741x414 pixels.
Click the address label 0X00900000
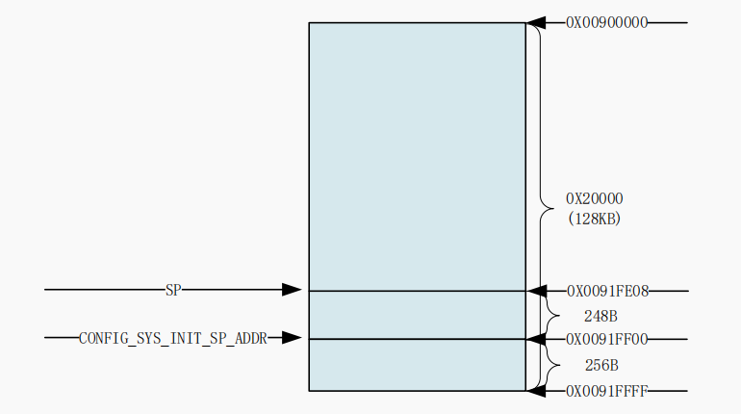606,22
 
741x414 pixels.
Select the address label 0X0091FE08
606,291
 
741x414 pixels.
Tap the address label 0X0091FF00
606,339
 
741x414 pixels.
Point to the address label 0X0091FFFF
606,391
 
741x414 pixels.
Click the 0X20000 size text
594,199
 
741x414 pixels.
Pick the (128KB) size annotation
594,219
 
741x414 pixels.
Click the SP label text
173,290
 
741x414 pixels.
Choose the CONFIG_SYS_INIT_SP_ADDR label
173,338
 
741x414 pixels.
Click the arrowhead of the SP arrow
292,290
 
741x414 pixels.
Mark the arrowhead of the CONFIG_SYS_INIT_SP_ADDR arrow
292,338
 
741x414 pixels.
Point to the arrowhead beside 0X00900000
537,22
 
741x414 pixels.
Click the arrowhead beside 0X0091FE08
537,291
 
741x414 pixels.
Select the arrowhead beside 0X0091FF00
537,339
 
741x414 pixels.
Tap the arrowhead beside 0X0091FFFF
537,391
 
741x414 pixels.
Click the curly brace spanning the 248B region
551,315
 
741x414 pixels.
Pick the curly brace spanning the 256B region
551,365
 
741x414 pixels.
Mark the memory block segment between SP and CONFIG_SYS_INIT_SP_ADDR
417,315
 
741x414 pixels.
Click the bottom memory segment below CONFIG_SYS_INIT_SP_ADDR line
417,365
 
